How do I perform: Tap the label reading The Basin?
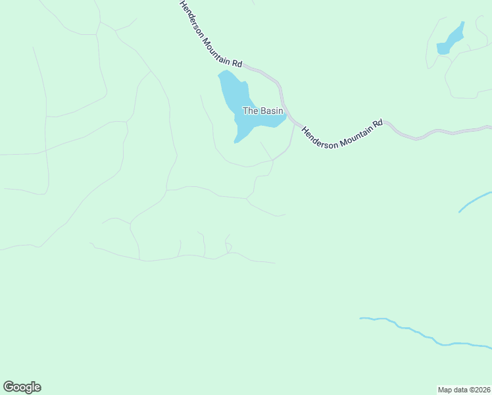tap(263, 111)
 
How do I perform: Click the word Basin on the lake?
tap(271, 111)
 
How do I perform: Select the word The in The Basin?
tap(250, 111)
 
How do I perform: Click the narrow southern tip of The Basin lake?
tap(237, 140)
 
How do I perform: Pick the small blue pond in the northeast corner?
tap(449, 41)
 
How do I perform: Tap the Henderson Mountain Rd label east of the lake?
tap(342, 134)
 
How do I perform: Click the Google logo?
tap(22, 387)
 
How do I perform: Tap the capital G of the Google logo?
tap(9, 386)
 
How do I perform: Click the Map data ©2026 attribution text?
tap(464, 389)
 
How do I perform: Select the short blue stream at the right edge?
tap(475, 201)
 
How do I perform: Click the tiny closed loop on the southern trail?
tap(228, 247)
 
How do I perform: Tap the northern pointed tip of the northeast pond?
tap(462, 23)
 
